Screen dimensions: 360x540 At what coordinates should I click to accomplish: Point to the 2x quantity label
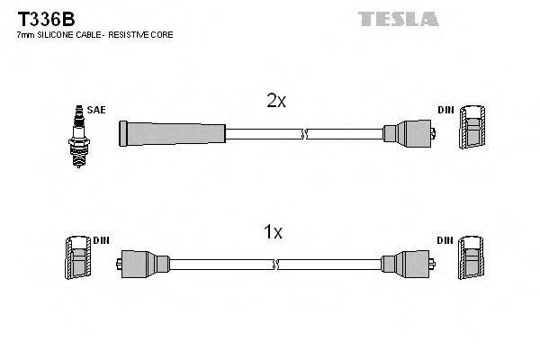click(x=276, y=102)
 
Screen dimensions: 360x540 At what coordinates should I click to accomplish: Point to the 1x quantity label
click(x=272, y=232)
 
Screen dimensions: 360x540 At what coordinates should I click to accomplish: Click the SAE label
click(x=96, y=110)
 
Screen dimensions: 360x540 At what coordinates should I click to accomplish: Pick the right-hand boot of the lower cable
click(x=404, y=265)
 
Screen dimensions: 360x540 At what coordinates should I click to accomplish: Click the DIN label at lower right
click(x=445, y=240)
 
